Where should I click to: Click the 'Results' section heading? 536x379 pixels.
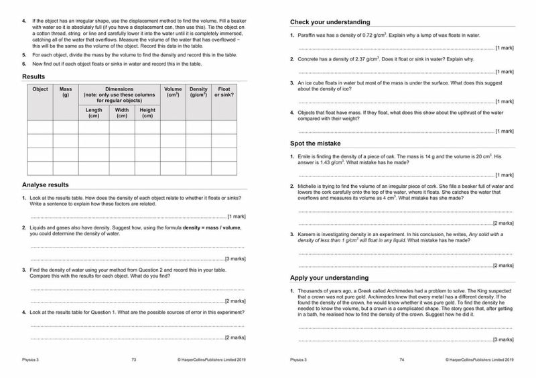[33, 76]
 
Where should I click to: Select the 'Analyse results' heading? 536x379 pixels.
[45, 184]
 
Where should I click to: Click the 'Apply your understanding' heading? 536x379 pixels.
[329, 277]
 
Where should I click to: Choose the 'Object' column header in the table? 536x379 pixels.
[40, 89]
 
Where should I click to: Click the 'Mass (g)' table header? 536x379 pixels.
[66, 93]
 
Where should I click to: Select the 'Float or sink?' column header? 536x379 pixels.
[224, 93]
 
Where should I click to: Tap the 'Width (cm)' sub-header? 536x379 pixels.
[122, 113]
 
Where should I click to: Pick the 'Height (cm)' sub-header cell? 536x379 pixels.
[147, 113]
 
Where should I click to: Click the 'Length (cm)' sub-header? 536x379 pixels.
[94, 113]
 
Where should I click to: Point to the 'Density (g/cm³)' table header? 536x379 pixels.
[198, 93]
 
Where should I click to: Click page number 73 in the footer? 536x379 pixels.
[134, 360]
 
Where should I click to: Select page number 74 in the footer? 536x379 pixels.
[402, 360]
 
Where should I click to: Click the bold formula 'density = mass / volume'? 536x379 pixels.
[204, 228]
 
